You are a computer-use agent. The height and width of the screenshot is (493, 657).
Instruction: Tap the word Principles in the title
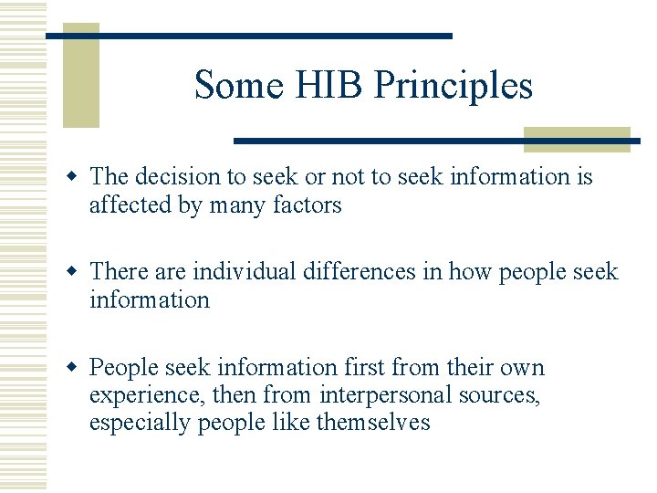(x=453, y=86)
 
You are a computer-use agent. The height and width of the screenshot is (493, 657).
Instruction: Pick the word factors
(x=308, y=205)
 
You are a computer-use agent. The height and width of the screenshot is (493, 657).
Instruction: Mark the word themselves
(x=372, y=423)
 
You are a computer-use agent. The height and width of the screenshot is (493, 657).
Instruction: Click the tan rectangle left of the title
(x=80, y=75)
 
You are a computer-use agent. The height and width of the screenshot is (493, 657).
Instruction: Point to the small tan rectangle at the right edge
(x=577, y=139)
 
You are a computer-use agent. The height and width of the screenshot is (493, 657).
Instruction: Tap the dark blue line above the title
(x=248, y=36)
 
